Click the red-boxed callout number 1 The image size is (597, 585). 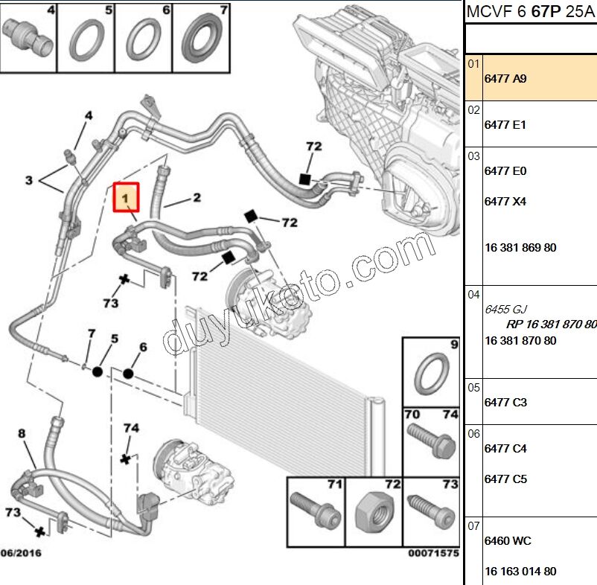126,198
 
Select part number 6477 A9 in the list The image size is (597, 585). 505,78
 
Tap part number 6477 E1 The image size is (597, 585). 505,125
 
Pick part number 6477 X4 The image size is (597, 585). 505,202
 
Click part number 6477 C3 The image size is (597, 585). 505,403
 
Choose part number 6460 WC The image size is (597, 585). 508,541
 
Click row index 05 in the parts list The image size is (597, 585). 473,387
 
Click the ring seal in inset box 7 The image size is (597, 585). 201,36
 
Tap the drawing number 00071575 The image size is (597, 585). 433,554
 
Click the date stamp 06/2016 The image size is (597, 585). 21,554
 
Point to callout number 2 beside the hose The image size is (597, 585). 197,198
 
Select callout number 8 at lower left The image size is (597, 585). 22,433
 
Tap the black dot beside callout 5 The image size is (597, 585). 98,370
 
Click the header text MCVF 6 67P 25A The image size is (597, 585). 531,11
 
